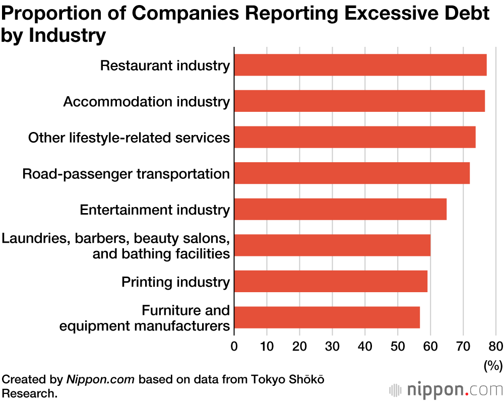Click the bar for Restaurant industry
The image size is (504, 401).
[360, 65]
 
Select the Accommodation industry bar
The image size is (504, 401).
[359, 101]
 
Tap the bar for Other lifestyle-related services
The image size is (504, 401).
[355, 138]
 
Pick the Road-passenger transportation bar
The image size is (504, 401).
[352, 173]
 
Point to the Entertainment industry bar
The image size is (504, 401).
[340, 210]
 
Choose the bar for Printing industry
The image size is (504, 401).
[331, 282]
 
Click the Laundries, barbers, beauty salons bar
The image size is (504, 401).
[332, 245]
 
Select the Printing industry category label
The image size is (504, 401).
[175, 282]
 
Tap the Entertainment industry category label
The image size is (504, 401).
[155, 210]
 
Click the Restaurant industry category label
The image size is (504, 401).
[165, 65]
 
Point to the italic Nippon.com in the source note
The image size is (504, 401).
[100, 379]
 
